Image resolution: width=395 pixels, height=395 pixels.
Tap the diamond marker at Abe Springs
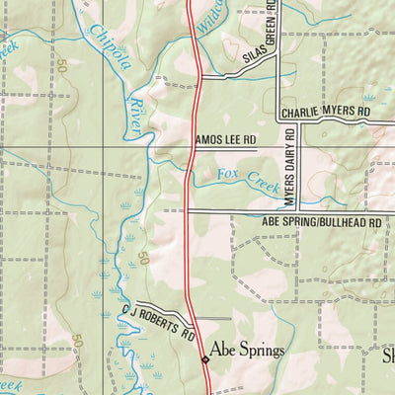point(205,359)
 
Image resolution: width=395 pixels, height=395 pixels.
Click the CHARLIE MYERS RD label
point(324,114)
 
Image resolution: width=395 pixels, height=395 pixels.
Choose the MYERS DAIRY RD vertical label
point(291,167)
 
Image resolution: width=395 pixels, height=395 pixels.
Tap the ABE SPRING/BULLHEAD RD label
point(321,223)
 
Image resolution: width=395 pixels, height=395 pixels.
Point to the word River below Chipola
point(136,111)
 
